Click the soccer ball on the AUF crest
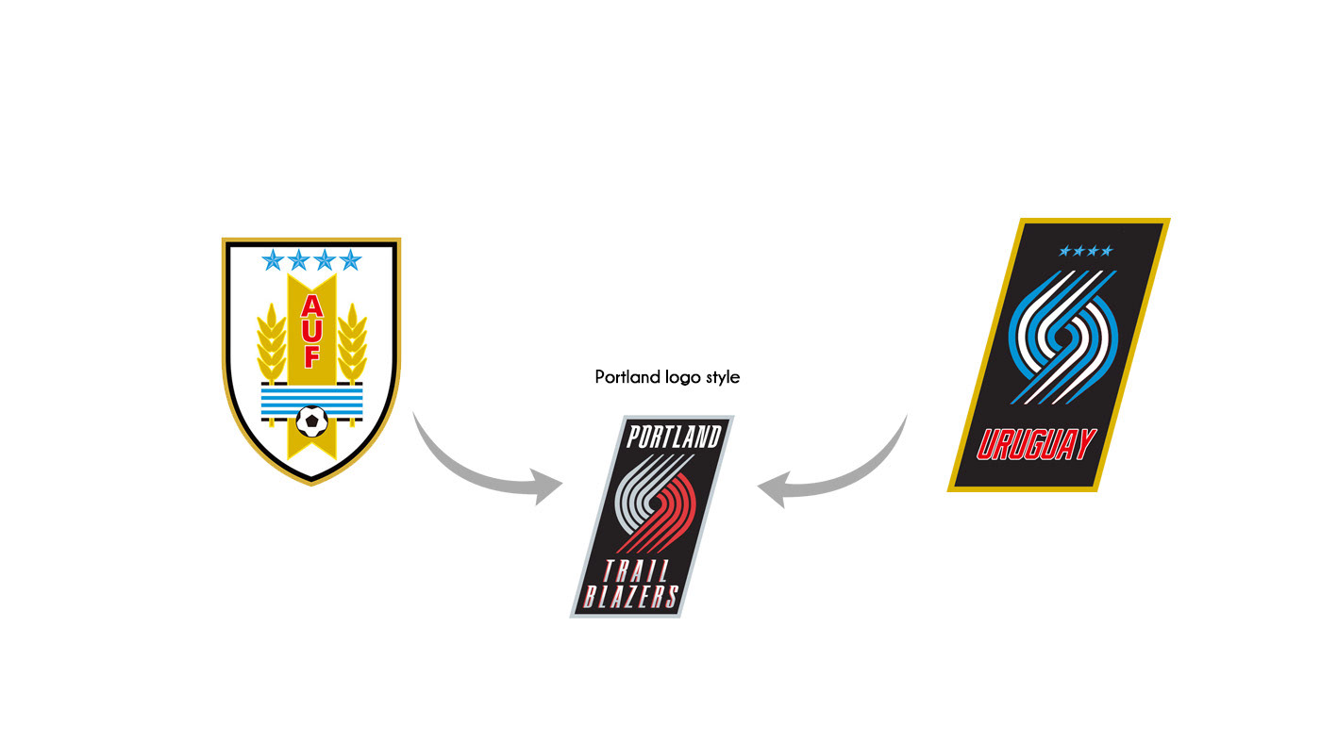pos(311,420)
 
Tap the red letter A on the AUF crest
pos(311,306)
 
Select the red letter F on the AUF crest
pos(311,356)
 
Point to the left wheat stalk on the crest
pos(271,344)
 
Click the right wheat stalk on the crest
pos(352,344)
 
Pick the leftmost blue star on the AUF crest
pos(274,259)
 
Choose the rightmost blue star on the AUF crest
pos(350,259)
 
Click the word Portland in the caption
pos(627,377)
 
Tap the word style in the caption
pos(721,377)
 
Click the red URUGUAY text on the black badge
pos(1036,445)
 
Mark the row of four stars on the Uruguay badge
pos(1086,251)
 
